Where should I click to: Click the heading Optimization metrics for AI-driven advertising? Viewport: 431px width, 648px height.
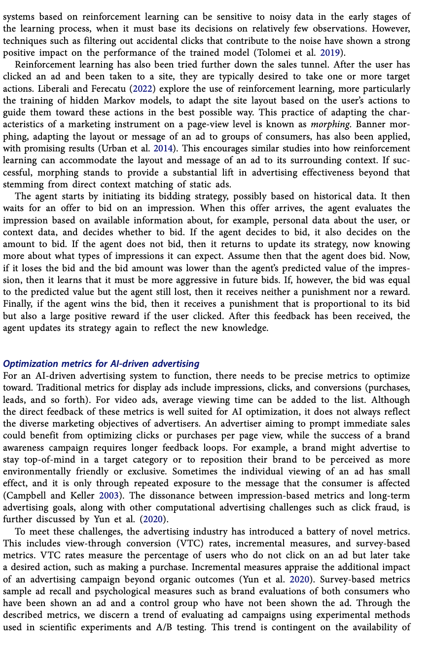tap(101, 364)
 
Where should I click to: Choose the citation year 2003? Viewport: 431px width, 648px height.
tap(109, 495)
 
